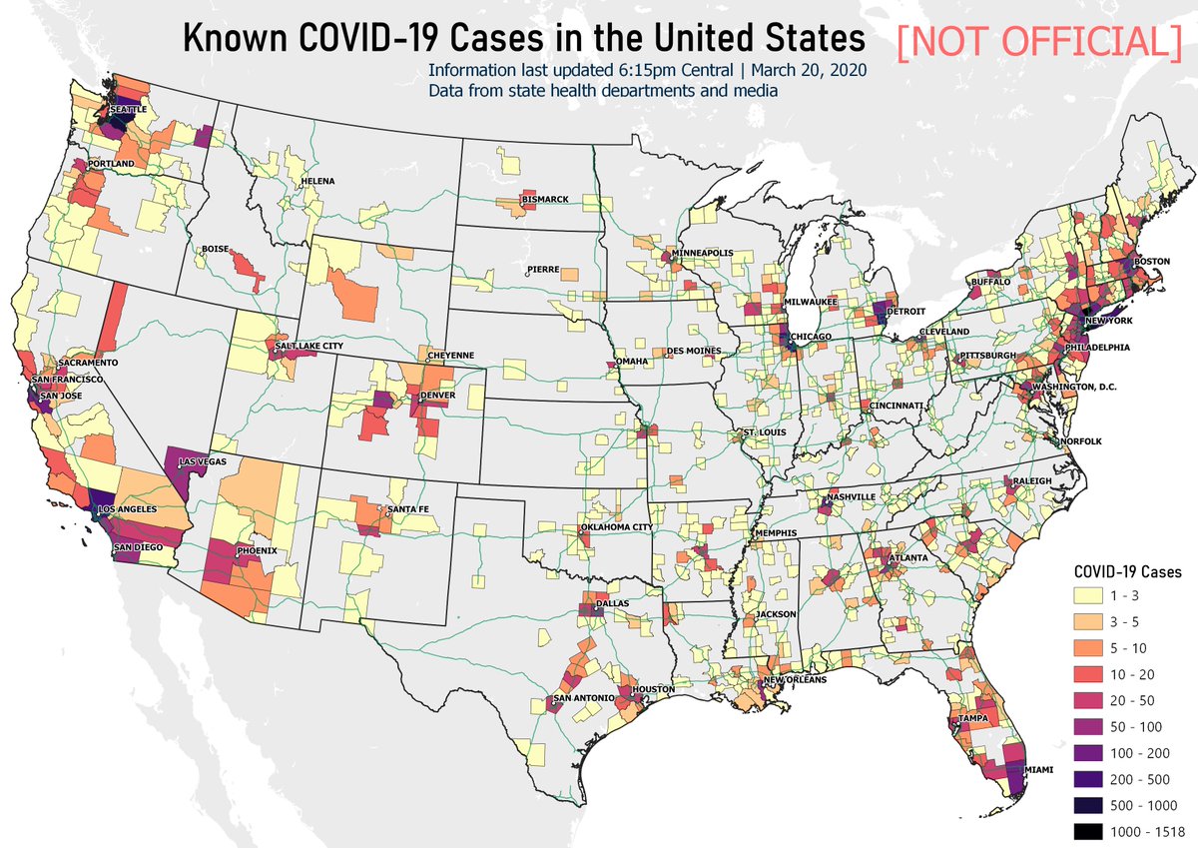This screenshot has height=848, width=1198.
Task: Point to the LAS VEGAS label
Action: coord(203,462)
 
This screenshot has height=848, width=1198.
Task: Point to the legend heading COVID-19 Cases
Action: coord(1127,573)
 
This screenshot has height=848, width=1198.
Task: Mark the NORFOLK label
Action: coord(1082,440)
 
